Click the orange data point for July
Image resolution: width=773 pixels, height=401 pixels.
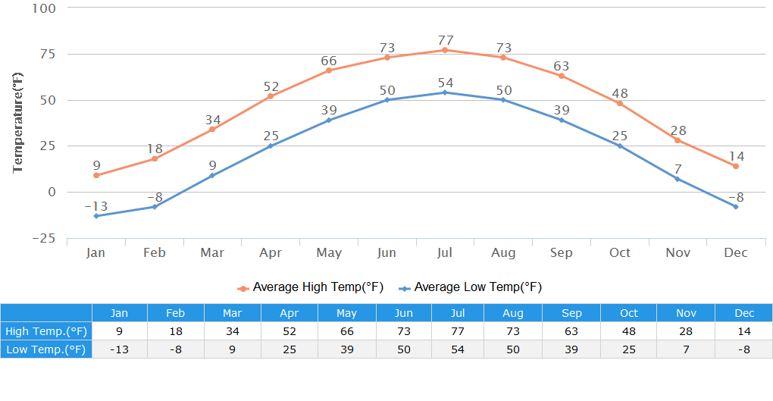[x=445, y=50]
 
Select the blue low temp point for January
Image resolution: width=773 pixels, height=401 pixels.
[x=96, y=216]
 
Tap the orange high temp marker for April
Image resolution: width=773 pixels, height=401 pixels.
[x=271, y=96]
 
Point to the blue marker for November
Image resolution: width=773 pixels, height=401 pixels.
[x=678, y=179]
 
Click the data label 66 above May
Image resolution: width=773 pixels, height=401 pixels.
[x=328, y=61]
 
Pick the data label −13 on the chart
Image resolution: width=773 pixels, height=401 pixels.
[x=95, y=206]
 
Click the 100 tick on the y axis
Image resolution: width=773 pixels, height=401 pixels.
[x=43, y=8]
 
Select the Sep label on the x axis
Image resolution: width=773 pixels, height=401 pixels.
[x=562, y=252]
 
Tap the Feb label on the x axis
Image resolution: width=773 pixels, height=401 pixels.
[x=154, y=252]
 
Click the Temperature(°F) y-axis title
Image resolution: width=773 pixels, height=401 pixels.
[x=18, y=123]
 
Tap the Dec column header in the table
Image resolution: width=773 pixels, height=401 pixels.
[x=744, y=313]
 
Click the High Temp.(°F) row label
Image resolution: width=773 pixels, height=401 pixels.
[x=46, y=331]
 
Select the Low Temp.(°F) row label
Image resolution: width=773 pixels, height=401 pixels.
[x=46, y=349]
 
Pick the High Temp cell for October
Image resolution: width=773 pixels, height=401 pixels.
[x=628, y=331]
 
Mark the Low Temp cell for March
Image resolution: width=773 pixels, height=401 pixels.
[x=233, y=349]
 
